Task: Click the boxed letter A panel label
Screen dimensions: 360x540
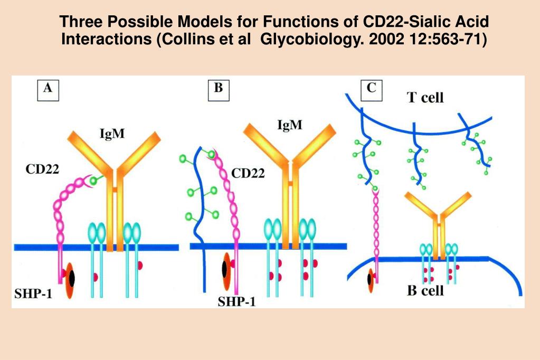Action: coord(48,90)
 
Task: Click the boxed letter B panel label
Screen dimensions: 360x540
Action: coord(218,89)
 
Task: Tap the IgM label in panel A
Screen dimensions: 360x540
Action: coord(112,133)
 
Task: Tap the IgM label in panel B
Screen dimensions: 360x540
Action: coord(290,125)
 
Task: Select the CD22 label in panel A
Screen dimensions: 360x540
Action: coord(42,169)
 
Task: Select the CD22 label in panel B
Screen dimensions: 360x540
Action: coord(248,174)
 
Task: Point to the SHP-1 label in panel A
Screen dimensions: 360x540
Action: coord(33,295)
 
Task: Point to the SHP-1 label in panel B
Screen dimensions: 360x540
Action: coord(238,302)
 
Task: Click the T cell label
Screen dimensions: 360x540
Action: coord(425,98)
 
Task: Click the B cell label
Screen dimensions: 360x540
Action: coord(425,290)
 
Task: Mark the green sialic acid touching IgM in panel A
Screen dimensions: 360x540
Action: coord(94,181)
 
